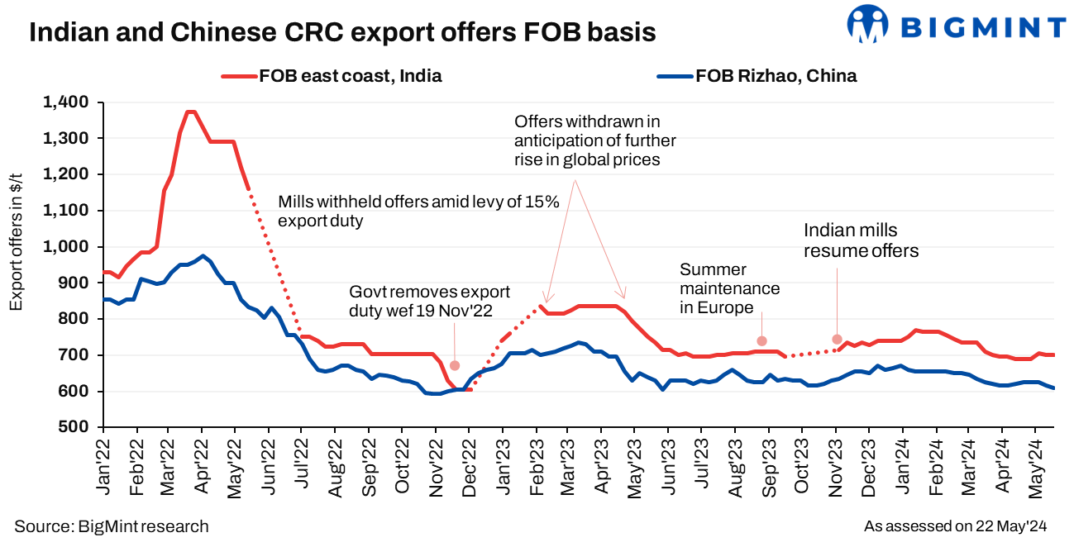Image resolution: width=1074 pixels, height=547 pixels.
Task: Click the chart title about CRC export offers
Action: coord(342,32)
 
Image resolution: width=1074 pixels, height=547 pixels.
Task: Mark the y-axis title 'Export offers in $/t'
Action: coord(17,248)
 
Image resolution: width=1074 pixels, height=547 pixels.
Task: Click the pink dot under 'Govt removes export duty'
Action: coord(455,365)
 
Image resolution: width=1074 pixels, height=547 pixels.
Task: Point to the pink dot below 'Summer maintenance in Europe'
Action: coord(762,340)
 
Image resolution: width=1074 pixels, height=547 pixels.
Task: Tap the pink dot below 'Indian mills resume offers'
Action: coord(837,339)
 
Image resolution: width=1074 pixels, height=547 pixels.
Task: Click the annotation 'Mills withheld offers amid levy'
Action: coord(418,211)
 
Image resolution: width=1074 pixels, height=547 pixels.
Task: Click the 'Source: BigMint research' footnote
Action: coord(112,526)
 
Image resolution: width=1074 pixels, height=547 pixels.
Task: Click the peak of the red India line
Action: coord(191,112)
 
